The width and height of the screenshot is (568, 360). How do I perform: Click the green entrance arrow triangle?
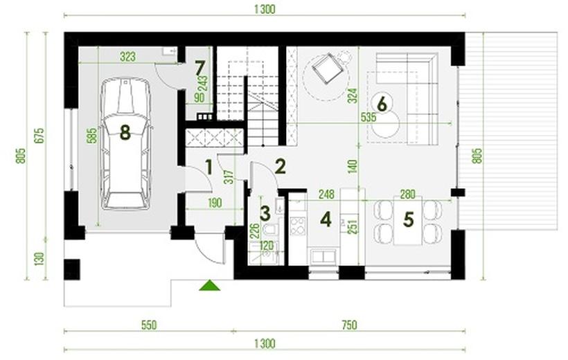tap(209, 285)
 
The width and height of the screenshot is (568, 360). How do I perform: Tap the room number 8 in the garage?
tap(125, 132)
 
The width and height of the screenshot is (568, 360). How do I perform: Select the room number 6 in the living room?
tap(382, 104)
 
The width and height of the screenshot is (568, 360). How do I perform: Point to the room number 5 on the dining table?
tap(408, 219)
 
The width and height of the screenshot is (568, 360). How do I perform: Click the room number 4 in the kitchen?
tap(326, 219)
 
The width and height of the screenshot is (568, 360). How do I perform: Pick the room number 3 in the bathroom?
tap(265, 213)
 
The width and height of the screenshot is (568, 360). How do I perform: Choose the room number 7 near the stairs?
tap(200, 67)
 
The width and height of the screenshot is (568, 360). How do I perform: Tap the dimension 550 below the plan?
tap(149, 325)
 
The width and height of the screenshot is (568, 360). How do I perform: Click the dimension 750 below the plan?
tap(349, 325)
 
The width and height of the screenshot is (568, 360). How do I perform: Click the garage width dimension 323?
tap(128, 57)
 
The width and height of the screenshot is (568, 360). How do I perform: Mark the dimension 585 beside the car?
tap(93, 135)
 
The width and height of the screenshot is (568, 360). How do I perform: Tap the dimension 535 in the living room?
tap(369, 117)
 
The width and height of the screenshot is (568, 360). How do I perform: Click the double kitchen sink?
tap(323, 256)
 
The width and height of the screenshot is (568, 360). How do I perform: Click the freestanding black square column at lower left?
tap(72, 269)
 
